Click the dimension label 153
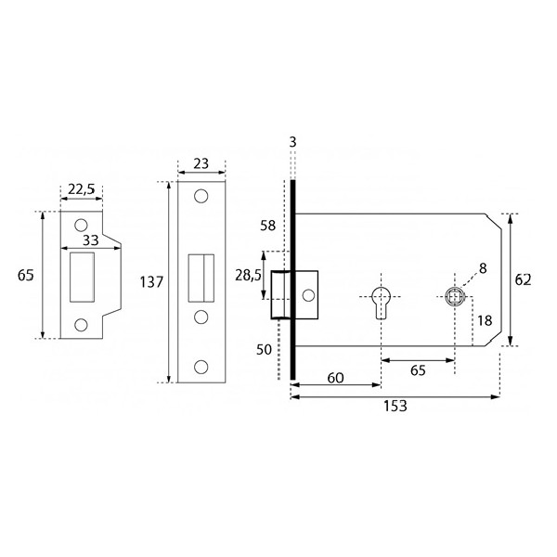point(395,406)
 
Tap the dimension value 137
point(151,282)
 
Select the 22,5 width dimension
point(82,189)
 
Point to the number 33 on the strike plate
point(90,240)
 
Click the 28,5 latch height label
point(248,275)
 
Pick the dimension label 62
point(523,280)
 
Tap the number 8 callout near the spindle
point(483,268)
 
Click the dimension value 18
point(485,320)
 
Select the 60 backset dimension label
point(335,378)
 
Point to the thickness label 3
point(292,142)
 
